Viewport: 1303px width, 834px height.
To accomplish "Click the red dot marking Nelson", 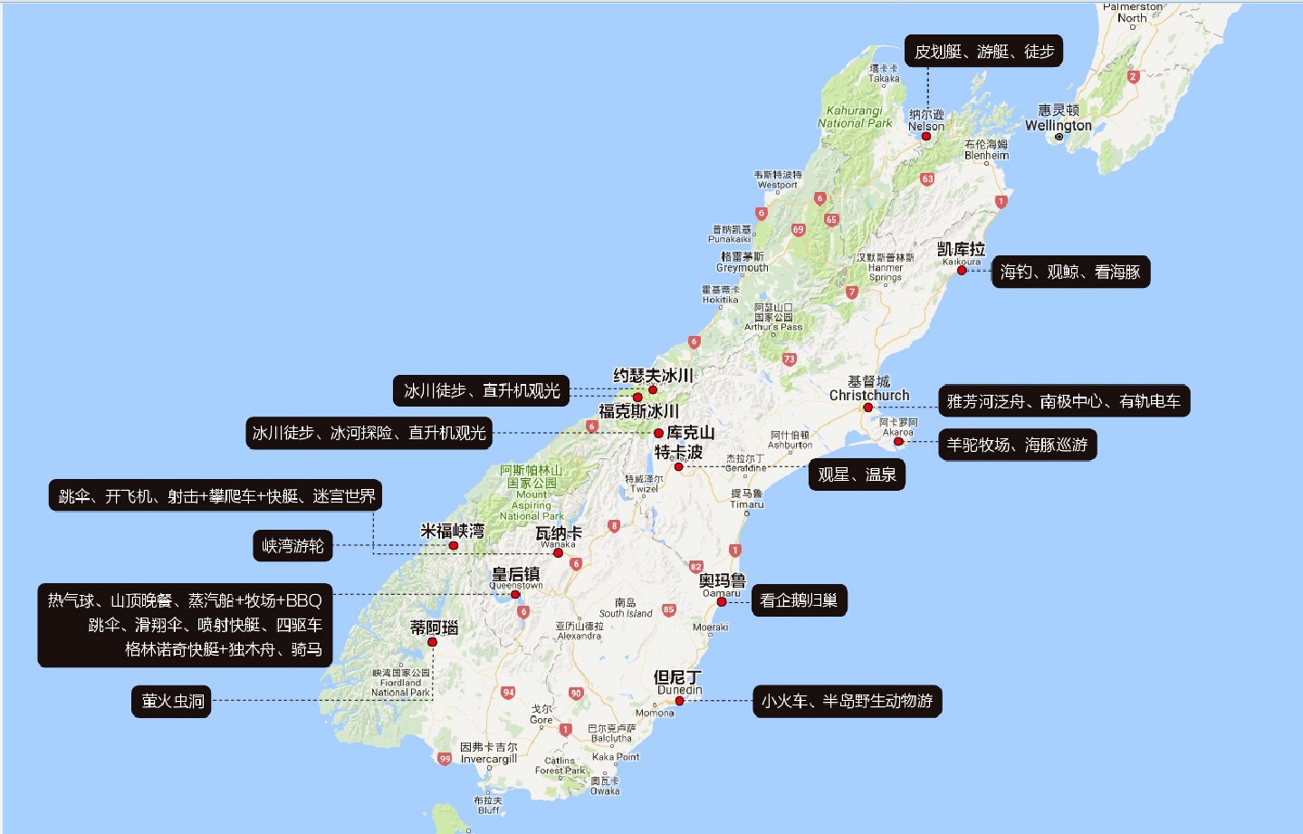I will tap(926, 136).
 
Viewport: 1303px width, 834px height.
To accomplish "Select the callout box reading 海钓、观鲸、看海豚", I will tap(1070, 272).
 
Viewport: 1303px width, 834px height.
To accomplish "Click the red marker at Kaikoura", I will tap(962, 271).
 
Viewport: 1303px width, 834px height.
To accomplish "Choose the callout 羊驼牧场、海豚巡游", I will tap(1017, 445).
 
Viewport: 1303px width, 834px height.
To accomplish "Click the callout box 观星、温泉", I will tap(856, 475).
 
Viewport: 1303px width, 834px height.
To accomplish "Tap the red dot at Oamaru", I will tap(722, 601).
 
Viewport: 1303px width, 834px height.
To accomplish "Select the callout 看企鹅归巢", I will tap(799, 600).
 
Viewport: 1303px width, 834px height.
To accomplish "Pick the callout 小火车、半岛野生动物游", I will tap(847, 701).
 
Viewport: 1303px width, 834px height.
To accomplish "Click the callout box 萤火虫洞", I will tap(172, 701).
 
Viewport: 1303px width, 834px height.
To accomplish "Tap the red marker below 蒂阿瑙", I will tap(432, 642).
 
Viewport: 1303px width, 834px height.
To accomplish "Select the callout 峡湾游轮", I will tap(292, 546).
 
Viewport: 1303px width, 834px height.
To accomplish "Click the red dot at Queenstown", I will tap(515, 595).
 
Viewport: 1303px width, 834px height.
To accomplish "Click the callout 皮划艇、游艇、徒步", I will tap(983, 52).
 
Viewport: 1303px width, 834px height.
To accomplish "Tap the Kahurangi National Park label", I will tap(855, 117).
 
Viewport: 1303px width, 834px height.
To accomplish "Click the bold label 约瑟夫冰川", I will tap(653, 375).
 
